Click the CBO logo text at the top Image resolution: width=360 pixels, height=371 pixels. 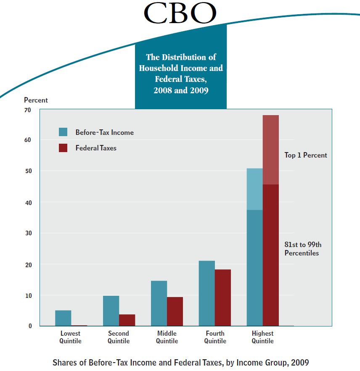(180, 13)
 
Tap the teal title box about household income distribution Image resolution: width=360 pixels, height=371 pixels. (181, 74)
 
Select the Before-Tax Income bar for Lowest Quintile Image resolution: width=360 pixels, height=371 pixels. (63, 318)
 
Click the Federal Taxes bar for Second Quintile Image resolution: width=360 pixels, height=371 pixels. (127, 320)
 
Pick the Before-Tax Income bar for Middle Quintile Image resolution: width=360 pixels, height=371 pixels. (159, 303)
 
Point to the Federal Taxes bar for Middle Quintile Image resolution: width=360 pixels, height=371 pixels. (175, 311)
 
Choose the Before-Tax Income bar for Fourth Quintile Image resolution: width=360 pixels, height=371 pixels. (207, 293)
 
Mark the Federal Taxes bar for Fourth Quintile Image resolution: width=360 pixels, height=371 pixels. (223, 297)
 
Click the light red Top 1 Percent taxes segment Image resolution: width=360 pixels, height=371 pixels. (271, 150)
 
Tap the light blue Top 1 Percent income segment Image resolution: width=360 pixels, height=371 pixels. (255, 189)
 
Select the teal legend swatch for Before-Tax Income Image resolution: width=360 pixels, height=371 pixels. (63, 132)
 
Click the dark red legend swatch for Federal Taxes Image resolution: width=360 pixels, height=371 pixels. (63, 148)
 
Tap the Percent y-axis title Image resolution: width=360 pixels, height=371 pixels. (36, 100)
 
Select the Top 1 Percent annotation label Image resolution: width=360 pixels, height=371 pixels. (306, 155)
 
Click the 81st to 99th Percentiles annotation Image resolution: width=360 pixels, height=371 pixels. (303, 249)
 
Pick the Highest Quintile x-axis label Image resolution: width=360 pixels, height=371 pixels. (263, 337)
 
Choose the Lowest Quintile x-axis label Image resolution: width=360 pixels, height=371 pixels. (70, 337)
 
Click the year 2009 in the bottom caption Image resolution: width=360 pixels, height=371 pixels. (299, 362)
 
